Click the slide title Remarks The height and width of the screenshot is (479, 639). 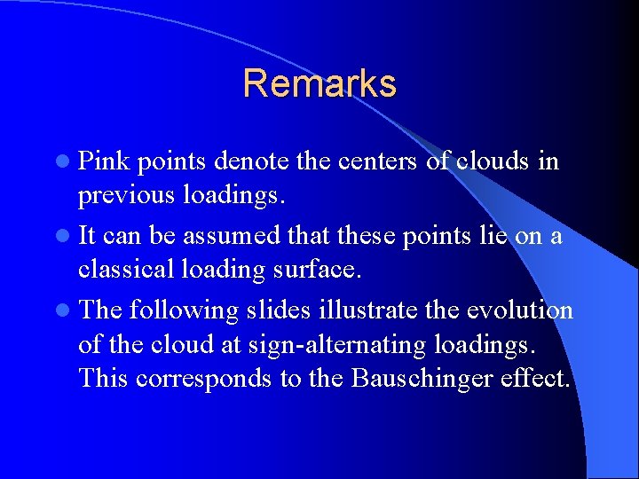coord(319,83)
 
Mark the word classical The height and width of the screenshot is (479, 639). coord(118,268)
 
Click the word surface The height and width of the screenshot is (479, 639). coord(323,268)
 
